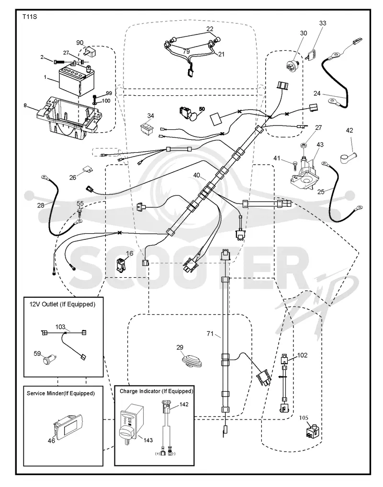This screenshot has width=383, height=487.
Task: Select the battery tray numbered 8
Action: click(x=69, y=118)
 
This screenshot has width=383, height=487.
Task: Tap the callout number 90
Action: click(x=80, y=43)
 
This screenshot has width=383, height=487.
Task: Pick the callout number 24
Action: click(x=317, y=93)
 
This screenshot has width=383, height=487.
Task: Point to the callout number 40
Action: click(x=197, y=175)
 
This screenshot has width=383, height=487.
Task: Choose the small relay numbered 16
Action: click(x=122, y=265)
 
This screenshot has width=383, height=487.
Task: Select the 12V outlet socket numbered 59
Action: click(x=49, y=360)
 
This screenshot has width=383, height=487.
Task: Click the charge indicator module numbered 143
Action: click(x=131, y=423)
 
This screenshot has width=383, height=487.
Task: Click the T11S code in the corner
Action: click(x=30, y=17)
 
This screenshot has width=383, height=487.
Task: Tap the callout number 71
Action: click(x=210, y=334)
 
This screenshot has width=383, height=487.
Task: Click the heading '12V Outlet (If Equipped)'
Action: click(x=62, y=305)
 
